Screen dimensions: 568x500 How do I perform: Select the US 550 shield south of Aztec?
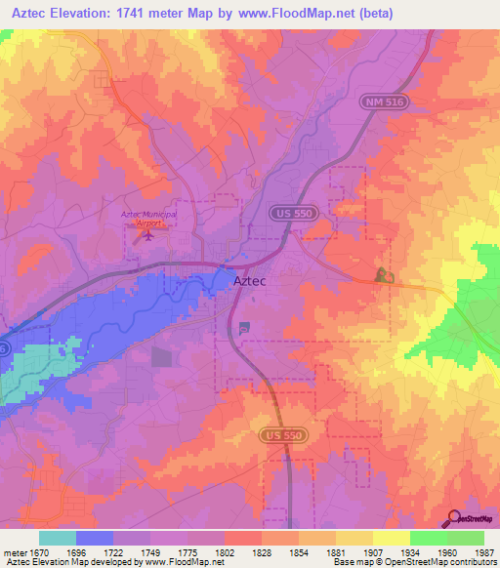(x=277, y=434)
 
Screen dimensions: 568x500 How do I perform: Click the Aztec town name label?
(x=250, y=281)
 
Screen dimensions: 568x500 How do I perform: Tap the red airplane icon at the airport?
(x=137, y=232)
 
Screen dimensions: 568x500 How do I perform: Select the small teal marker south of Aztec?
(x=243, y=327)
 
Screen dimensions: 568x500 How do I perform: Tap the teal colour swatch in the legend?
(x=58, y=538)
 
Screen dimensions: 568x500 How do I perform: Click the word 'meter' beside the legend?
(x=15, y=552)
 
